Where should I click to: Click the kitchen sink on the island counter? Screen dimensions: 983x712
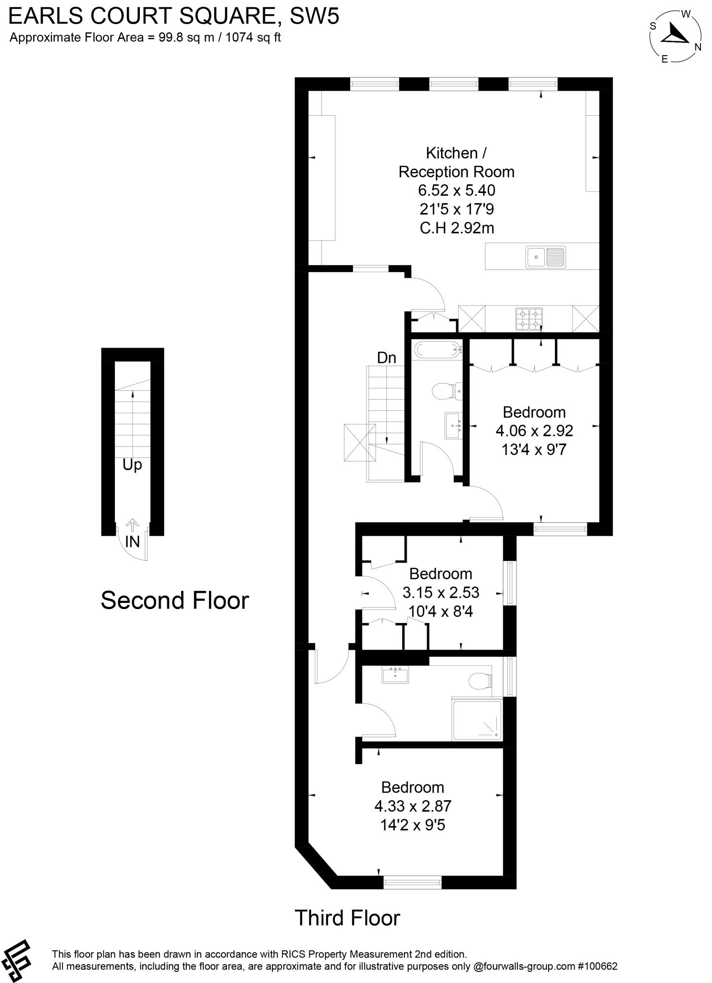tap(545, 256)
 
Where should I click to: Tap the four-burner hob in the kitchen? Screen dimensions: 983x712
tap(529, 319)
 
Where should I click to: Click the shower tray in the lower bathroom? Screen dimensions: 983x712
tap(477, 719)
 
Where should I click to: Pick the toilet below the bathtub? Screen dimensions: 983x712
tap(446, 391)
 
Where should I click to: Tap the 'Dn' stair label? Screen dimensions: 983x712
tap(386, 358)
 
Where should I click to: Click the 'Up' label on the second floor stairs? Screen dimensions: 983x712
tap(132, 465)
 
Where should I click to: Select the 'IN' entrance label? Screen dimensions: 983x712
tap(132, 541)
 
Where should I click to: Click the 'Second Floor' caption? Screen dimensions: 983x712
tap(175, 600)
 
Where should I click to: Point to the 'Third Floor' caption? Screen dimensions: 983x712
tap(347, 918)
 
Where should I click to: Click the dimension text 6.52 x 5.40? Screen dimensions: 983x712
tap(456, 191)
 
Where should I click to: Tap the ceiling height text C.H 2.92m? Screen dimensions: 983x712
tap(457, 228)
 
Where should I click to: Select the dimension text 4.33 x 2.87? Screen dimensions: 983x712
tap(413, 806)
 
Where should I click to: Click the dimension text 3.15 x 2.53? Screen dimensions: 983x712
tap(441, 592)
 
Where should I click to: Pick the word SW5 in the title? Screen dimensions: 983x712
tap(314, 16)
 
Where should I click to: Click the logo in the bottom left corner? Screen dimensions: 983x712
tap(16, 959)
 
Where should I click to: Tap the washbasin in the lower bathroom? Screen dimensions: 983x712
tap(395, 675)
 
